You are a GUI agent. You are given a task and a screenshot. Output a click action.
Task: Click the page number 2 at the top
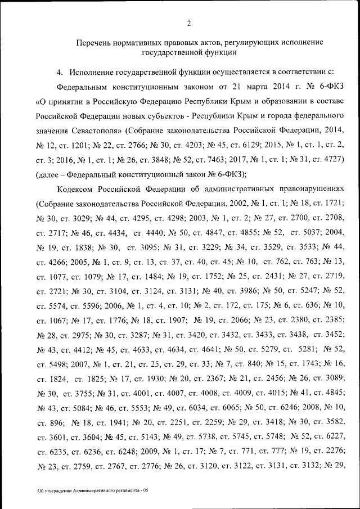click(x=189, y=23)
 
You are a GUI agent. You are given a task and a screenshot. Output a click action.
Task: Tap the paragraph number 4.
click(x=59, y=73)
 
